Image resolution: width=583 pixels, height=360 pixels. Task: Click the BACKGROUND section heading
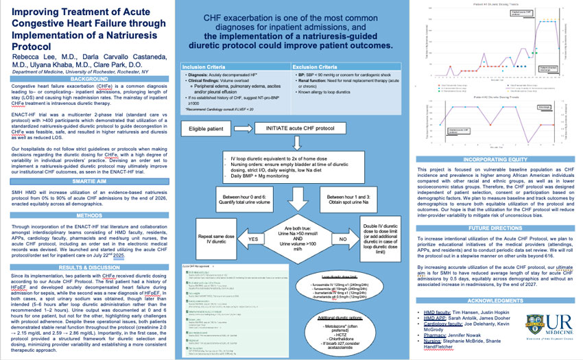pyautogui.click(x=89, y=79)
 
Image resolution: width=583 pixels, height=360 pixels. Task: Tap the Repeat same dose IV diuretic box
pyautogui.click(x=211, y=239)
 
